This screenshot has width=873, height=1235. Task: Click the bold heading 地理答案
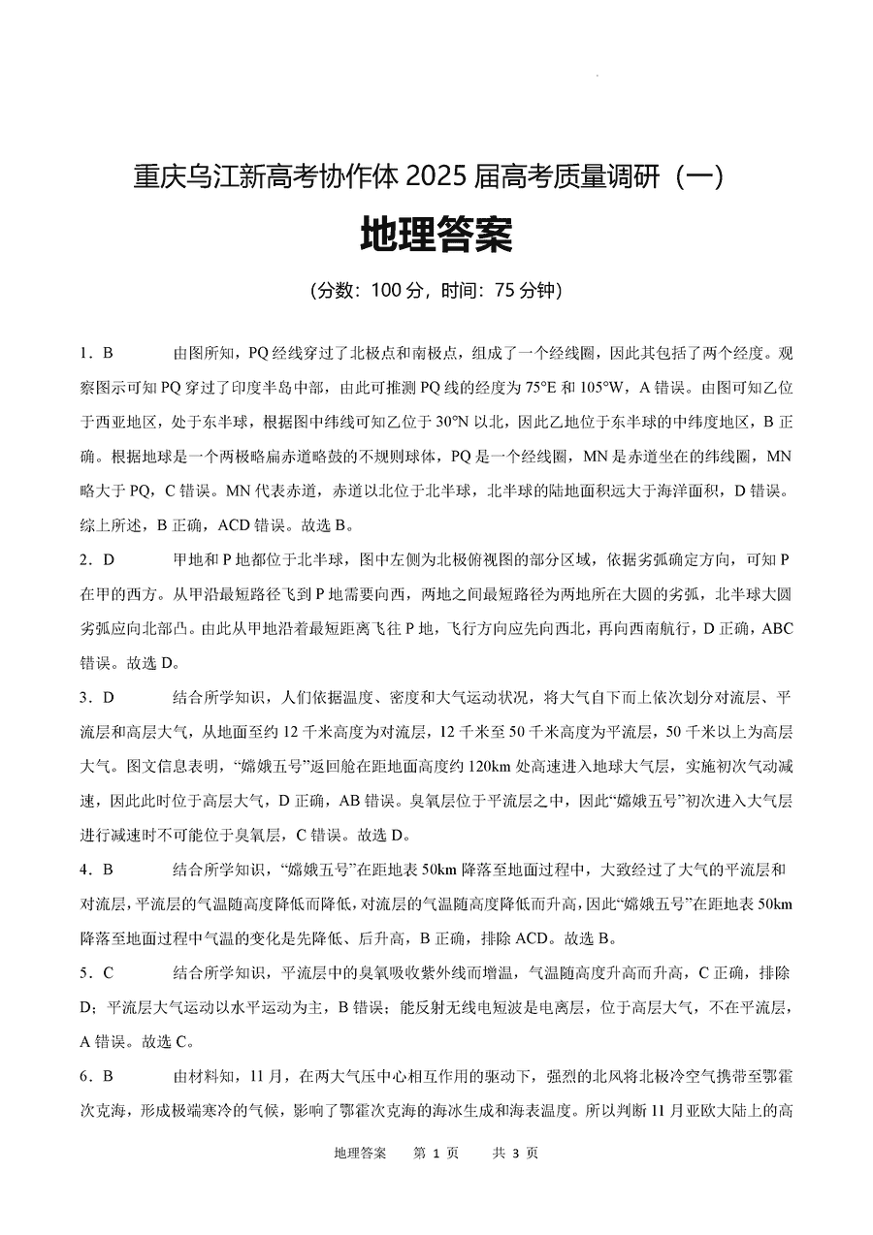point(436,236)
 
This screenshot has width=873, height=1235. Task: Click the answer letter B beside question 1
point(109,352)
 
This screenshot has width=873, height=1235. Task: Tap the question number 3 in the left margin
point(84,697)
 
